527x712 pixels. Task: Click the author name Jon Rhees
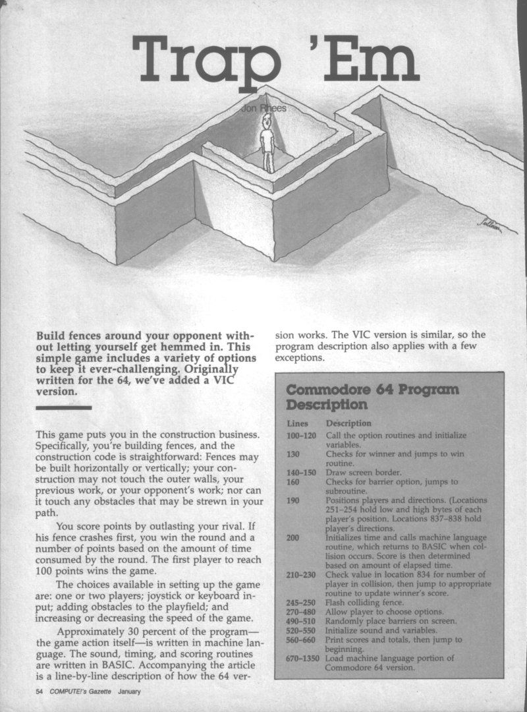(265, 107)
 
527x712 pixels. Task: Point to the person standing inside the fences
(267, 141)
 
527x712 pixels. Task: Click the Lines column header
(298, 423)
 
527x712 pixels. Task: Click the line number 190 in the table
(294, 500)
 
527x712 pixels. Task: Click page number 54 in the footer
(40, 692)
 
